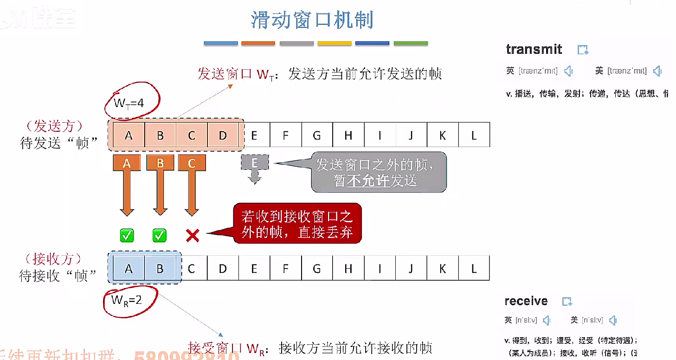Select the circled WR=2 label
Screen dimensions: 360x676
click(x=126, y=300)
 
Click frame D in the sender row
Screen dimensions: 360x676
click(x=223, y=135)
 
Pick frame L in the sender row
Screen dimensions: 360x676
click(x=474, y=135)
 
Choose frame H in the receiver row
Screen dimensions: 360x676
click(x=348, y=268)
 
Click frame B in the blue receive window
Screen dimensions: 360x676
click(x=160, y=268)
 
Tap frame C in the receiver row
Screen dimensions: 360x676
click(x=191, y=268)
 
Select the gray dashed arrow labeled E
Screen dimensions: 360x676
click(x=254, y=168)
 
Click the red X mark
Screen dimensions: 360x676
click(x=192, y=236)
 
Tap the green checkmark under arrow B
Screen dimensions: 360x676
click(x=160, y=236)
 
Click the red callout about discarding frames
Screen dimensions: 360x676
click(x=297, y=223)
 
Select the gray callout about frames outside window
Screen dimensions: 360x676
click(x=379, y=172)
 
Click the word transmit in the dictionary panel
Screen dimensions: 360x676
click(x=534, y=49)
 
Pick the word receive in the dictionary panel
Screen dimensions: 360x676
click(x=526, y=301)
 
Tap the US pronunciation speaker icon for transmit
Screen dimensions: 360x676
click(x=657, y=71)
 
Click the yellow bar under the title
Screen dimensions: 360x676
click(x=335, y=43)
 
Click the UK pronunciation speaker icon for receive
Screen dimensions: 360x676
click(x=547, y=320)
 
